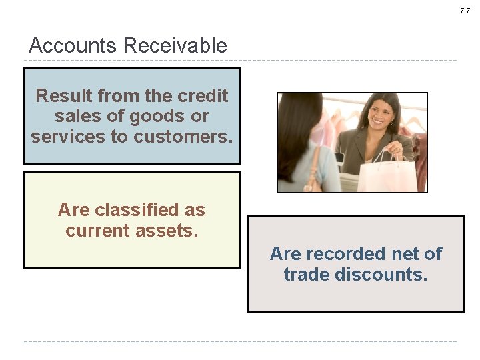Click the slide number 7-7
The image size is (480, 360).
465,10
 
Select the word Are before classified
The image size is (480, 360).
73,210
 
